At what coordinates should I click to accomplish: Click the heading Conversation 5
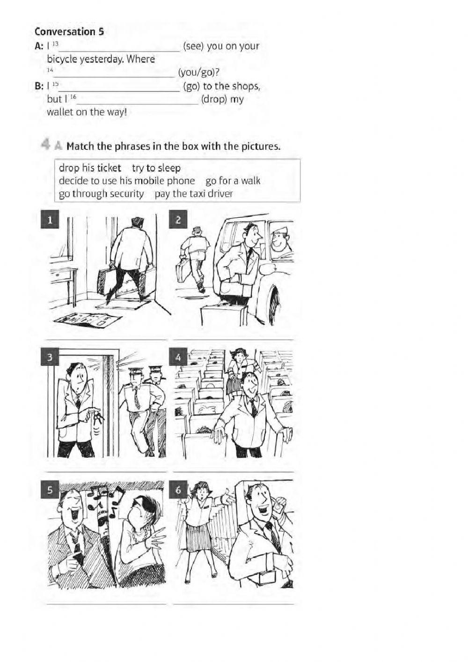[69, 32]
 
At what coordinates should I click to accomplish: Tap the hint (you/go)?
[199, 72]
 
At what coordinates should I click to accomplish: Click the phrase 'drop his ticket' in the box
[90, 168]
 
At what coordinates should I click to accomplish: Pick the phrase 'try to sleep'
[156, 168]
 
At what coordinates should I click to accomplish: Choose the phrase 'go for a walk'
[233, 181]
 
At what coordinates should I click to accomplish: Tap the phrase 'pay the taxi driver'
[193, 194]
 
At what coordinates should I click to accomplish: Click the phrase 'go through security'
[101, 194]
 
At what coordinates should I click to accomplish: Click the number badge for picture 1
[50, 220]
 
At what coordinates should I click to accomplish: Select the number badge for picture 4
[178, 357]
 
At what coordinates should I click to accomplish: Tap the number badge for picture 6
[178, 491]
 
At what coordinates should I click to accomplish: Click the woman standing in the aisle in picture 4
[238, 370]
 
